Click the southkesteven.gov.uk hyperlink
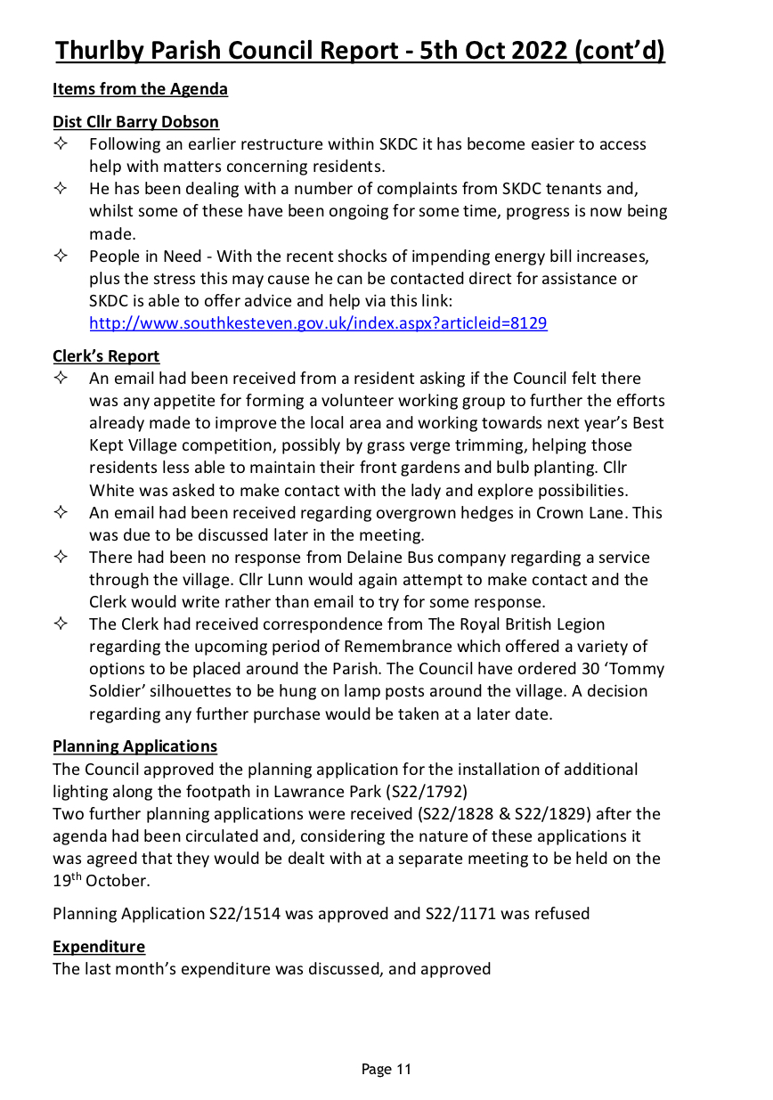pyautogui.click(x=318, y=323)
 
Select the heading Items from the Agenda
pyautogui.click(x=140, y=89)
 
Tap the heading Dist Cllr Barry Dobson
pyautogui.click(x=135, y=122)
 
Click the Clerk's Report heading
pyautogui.click(x=106, y=356)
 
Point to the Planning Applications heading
pyautogui.click(x=134, y=746)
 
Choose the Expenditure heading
pyautogui.click(x=98, y=946)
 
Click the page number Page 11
pyautogui.click(x=386, y=1069)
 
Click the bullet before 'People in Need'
pyautogui.click(x=61, y=257)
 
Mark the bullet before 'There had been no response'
pyautogui.click(x=61, y=558)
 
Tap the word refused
pyautogui.click(x=561, y=914)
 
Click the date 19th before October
pyautogui.click(x=67, y=880)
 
